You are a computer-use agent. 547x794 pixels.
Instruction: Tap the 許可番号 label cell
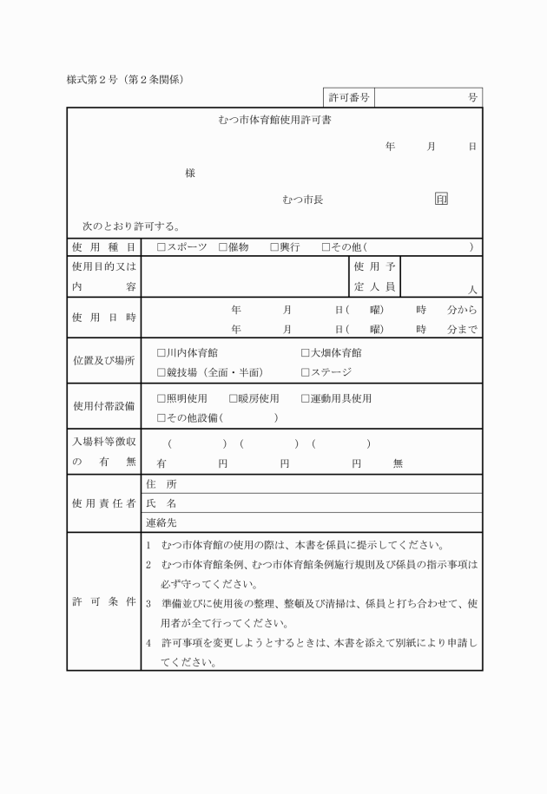point(349,98)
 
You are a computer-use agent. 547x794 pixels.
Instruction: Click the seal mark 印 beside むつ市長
point(442,200)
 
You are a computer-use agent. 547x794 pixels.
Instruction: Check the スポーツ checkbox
point(161,247)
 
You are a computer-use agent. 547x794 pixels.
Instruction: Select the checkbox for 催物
point(223,247)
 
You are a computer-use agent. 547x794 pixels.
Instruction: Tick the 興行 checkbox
point(274,247)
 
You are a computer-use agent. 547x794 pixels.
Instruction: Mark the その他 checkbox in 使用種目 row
point(326,247)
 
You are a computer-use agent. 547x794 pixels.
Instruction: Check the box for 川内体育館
point(161,352)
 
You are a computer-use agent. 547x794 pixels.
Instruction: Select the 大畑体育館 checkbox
point(306,352)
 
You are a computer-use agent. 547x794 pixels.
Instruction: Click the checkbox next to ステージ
point(306,372)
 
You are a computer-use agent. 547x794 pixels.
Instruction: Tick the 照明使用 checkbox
point(161,398)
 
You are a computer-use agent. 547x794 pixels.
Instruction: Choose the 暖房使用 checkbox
point(234,398)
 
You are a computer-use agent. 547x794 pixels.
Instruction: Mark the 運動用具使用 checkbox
point(306,398)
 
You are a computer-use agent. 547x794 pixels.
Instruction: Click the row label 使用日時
point(103,318)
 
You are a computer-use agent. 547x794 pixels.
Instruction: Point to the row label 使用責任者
point(103,502)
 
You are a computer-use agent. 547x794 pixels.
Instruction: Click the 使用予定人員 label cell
point(374,277)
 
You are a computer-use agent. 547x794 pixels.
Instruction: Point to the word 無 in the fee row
point(398,463)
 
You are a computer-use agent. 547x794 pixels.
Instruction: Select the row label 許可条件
point(103,601)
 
